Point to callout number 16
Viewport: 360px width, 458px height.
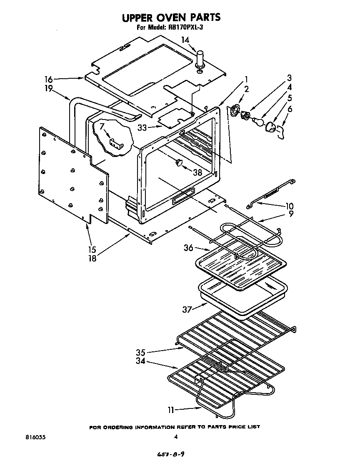[x=49, y=78]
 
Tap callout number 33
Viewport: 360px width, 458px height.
[x=142, y=128]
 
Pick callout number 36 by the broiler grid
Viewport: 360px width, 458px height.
[x=189, y=248]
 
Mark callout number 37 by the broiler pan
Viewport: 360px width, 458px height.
[x=187, y=309]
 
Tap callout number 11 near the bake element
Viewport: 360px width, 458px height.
[x=171, y=410]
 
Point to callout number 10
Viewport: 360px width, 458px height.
[x=289, y=206]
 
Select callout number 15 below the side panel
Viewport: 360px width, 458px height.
[x=92, y=250]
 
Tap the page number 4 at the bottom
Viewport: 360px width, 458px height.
[x=176, y=437]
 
